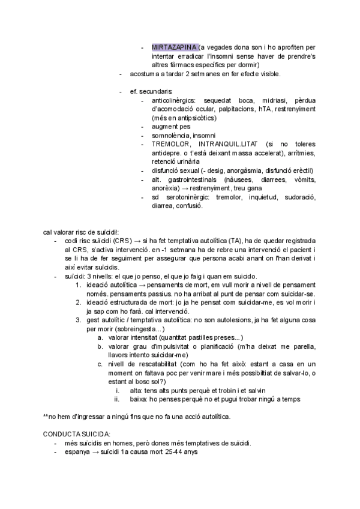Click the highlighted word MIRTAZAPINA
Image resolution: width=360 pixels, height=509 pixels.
coord(175,47)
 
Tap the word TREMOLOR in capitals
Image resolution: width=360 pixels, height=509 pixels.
coord(173,145)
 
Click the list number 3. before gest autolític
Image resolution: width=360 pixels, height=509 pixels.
coord(79,320)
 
